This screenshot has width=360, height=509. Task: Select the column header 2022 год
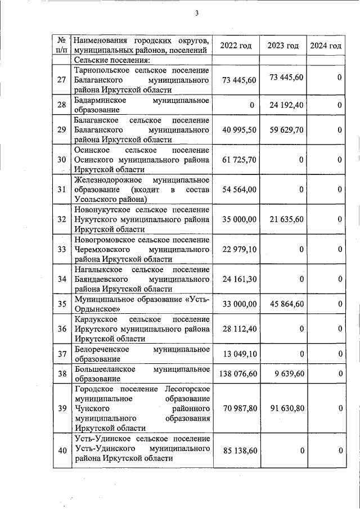tap(236, 45)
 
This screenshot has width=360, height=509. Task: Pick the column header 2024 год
tap(325, 45)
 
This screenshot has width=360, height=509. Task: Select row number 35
tap(62, 304)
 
